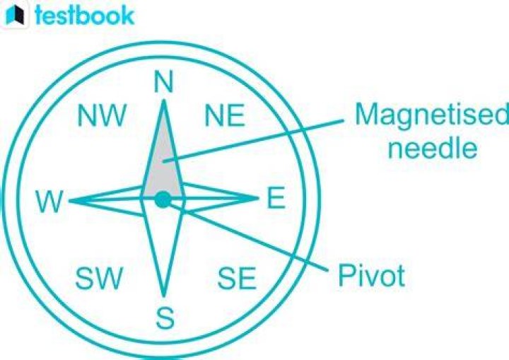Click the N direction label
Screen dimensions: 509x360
point(163,82)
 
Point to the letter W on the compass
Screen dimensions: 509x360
point(49,202)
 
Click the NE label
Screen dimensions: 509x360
point(225,115)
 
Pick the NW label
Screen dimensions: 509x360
point(101,115)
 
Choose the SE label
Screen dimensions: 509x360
point(237,278)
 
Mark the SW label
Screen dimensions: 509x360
point(100,278)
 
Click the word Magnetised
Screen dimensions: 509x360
point(432,115)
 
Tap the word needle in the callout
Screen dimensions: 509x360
point(433,148)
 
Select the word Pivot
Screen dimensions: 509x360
point(371,276)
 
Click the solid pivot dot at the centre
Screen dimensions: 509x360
point(163,199)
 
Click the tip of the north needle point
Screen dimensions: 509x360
point(163,100)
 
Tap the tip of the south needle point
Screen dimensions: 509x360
point(163,295)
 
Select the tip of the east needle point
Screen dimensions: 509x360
point(259,197)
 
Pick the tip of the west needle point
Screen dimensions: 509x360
point(69,201)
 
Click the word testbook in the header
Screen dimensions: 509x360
point(84,15)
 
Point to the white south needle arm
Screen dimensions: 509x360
point(163,247)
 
